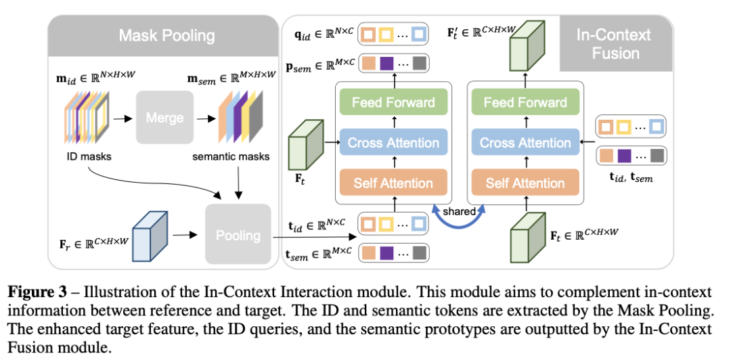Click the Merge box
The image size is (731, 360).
click(x=164, y=118)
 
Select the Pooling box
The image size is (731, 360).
click(x=238, y=235)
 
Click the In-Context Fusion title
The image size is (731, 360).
click(x=613, y=43)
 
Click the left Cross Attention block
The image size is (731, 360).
click(x=393, y=143)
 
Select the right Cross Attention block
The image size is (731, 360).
click(x=525, y=143)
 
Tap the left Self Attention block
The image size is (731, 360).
click(x=393, y=183)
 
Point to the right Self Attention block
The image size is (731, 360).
click(x=525, y=183)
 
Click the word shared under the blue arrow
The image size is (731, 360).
click(x=460, y=211)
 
